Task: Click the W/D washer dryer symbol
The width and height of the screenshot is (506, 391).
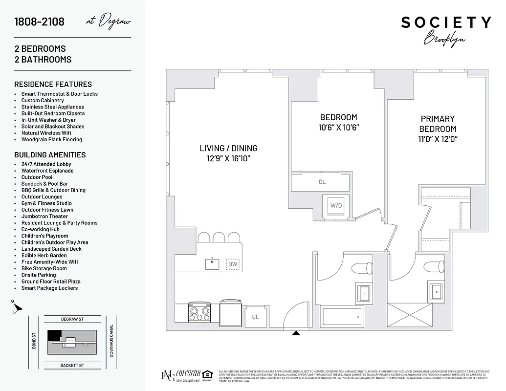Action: click(336, 205)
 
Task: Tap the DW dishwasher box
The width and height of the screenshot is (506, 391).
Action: click(233, 264)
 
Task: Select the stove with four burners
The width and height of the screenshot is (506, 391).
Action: click(199, 312)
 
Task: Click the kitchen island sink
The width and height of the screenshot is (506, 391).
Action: click(212, 263)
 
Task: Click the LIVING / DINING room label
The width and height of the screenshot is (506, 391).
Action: click(228, 148)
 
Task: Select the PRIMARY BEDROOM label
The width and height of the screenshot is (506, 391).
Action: click(438, 124)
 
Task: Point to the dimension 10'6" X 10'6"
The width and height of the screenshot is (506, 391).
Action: click(339, 128)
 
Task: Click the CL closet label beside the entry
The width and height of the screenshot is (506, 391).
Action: click(255, 317)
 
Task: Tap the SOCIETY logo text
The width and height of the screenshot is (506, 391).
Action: click(446, 22)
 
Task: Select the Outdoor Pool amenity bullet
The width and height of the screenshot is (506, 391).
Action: click(37, 177)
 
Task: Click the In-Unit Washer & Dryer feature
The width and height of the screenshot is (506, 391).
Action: click(48, 120)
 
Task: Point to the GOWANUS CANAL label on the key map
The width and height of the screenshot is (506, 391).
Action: click(112, 341)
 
